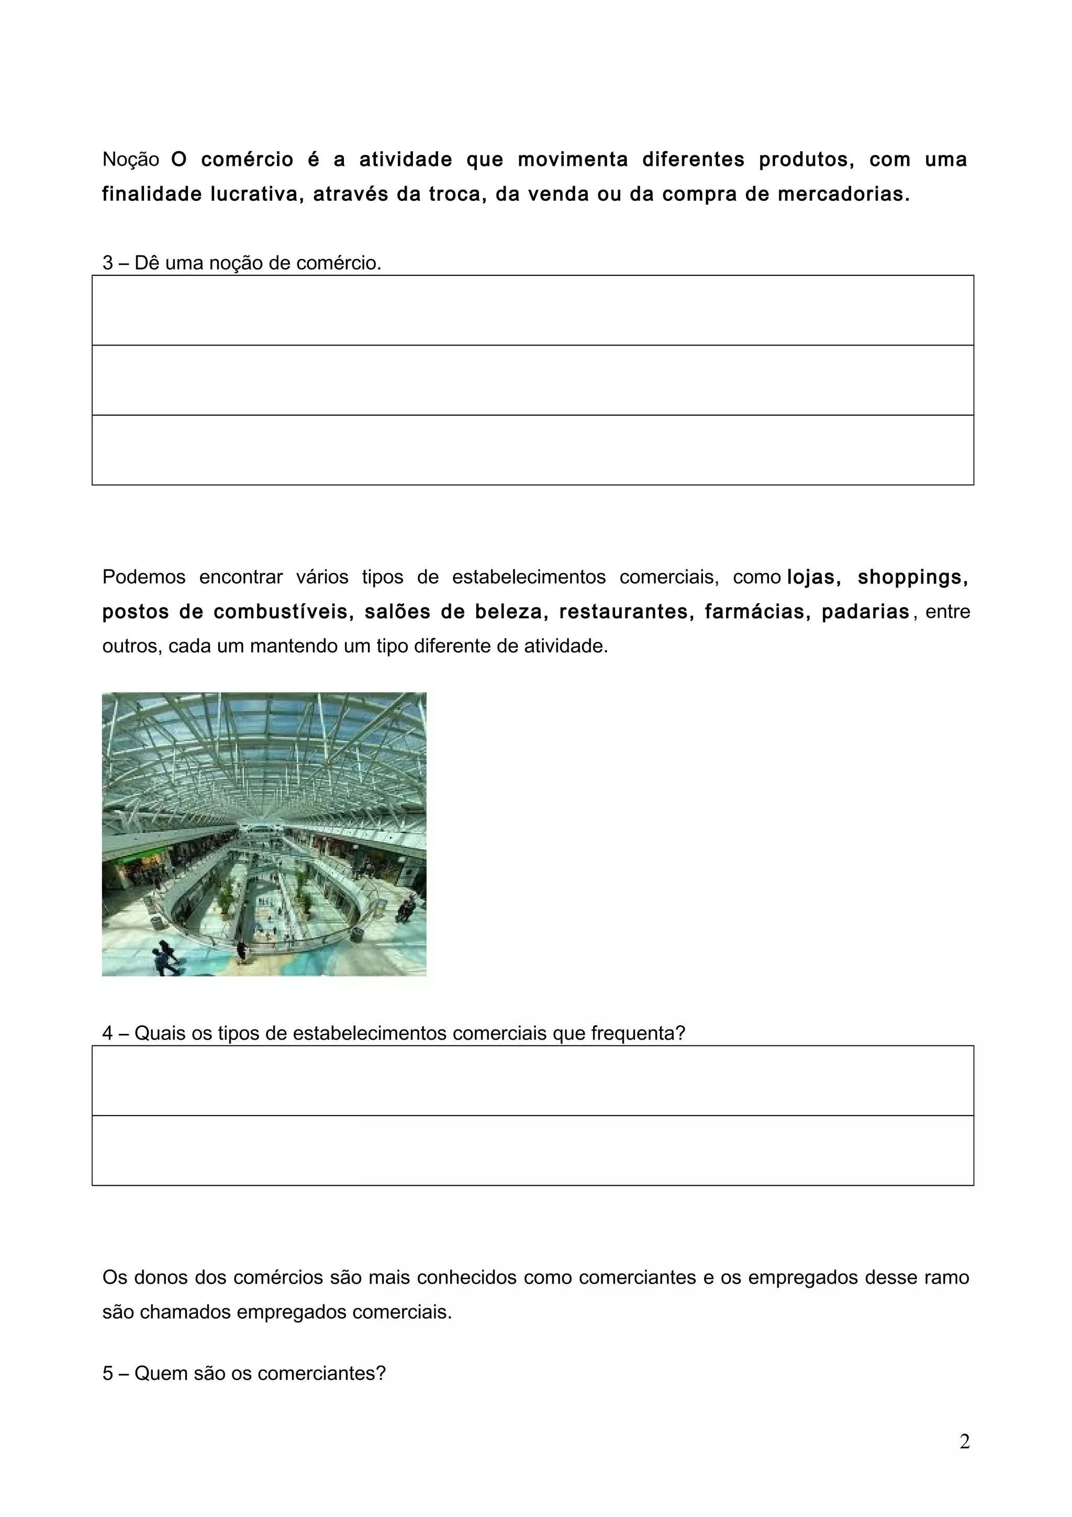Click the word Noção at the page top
tap(131, 160)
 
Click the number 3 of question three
tap(108, 263)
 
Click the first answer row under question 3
tap(532, 310)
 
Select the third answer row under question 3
tap(532, 450)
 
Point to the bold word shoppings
tap(912, 577)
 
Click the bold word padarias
tap(865, 612)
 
